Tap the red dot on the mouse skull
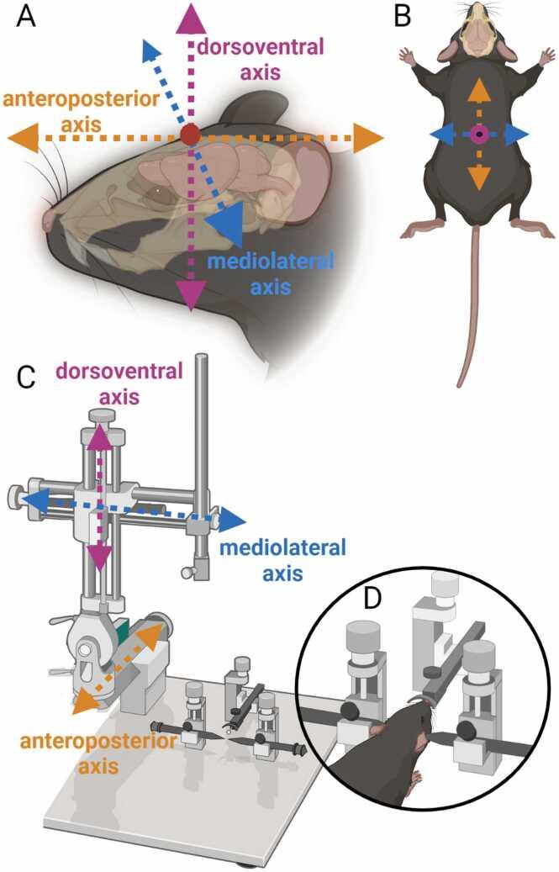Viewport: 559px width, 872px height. click(190, 134)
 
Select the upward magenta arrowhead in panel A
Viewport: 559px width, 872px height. click(191, 16)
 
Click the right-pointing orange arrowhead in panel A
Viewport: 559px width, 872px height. click(367, 137)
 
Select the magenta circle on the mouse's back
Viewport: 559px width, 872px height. click(478, 135)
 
